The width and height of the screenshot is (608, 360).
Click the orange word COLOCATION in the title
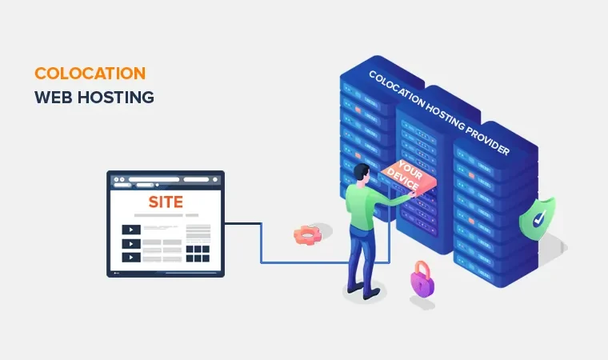90,73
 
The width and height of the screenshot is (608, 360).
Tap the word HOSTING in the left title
120,98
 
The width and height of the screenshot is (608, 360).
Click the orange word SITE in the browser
166,201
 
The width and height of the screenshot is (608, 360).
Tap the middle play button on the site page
130,244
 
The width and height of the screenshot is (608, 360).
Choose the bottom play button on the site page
130,258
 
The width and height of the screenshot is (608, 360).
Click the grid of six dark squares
197,254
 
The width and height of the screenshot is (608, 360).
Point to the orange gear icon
306,235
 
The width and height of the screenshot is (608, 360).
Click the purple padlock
422,280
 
